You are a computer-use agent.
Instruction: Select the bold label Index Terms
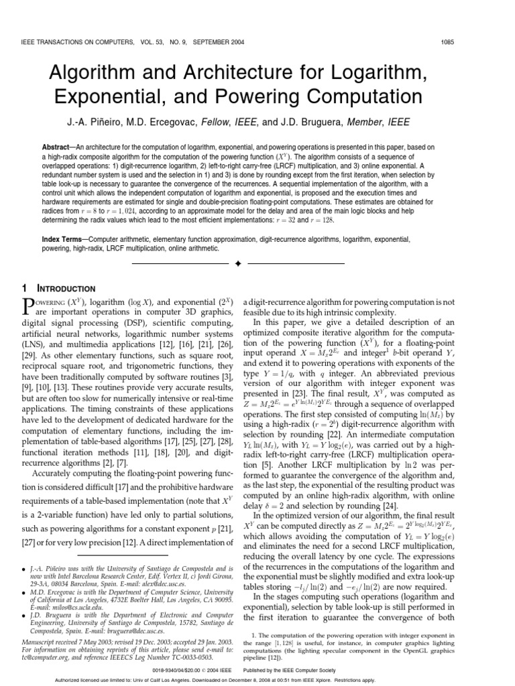coord(64,238)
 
